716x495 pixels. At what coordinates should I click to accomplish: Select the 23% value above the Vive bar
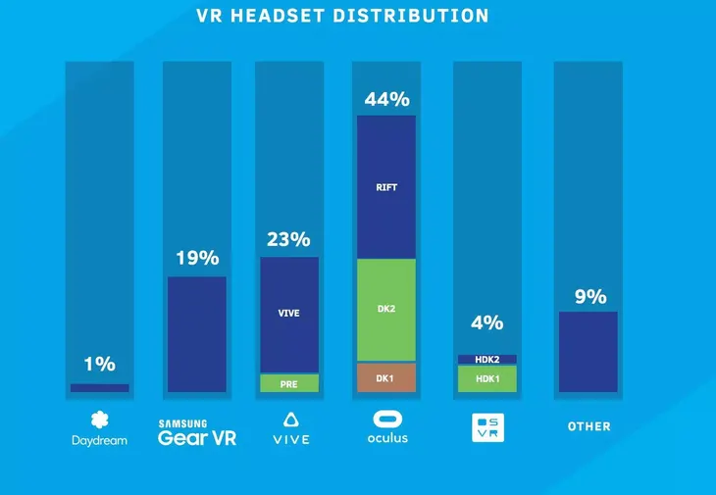click(288, 239)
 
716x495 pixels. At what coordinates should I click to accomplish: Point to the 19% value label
click(197, 259)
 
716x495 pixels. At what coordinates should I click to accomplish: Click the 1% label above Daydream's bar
click(99, 364)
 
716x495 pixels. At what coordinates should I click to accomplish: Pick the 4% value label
click(486, 322)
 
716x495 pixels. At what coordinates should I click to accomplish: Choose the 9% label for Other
click(590, 296)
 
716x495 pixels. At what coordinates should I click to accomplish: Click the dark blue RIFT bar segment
click(386, 186)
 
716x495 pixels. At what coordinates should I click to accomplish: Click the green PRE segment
click(289, 383)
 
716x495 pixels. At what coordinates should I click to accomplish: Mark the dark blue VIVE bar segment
click(289, 315)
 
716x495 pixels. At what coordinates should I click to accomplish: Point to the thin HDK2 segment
click(487, 360)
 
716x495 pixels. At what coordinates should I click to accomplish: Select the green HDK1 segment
click(487, 378)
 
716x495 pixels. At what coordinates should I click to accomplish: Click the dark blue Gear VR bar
click(197, 334)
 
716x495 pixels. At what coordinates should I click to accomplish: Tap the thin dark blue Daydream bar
click(99, 388)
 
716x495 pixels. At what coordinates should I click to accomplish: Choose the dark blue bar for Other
click(588, 352)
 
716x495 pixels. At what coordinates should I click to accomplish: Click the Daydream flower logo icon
click(99, 421)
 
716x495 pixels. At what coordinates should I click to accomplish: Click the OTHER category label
click(588, 426)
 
